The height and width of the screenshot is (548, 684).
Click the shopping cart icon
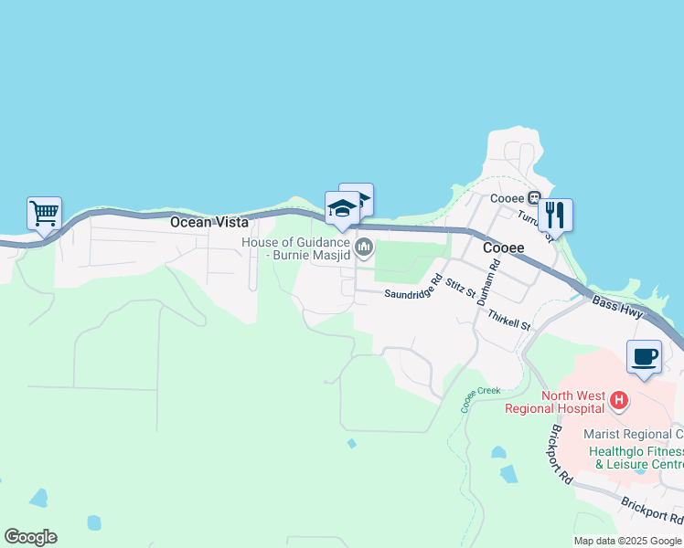[44, 214]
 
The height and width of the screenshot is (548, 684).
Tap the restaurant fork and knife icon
[554, 216]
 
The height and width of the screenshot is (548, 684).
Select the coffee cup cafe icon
[644, 357]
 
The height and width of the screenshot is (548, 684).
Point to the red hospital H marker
[619, 400]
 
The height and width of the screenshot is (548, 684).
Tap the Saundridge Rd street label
[413, 288]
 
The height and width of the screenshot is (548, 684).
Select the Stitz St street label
[462, 289]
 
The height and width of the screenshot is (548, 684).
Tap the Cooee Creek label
[480, 398]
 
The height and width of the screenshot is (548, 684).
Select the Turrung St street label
[536, 224]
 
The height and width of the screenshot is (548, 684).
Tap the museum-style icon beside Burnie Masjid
[364, 247]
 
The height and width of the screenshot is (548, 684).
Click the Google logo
[30, 537]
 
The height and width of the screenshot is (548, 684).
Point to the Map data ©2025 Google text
[627, 541]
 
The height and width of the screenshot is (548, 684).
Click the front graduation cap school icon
[342, 209]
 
